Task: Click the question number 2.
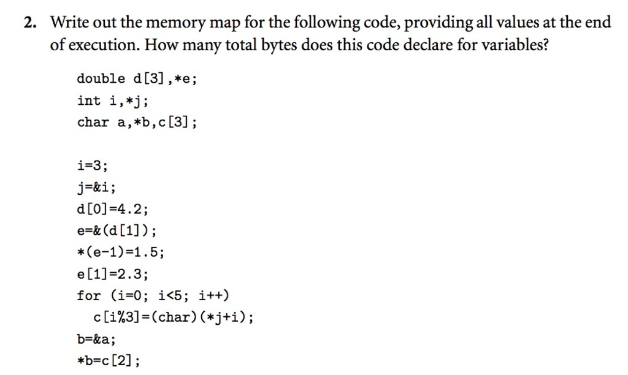[29, 23]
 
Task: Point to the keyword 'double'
[101, 79]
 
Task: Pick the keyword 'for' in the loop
[89, 296]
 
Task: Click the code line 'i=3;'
[93, 165]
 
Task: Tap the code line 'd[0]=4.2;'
[112, 209]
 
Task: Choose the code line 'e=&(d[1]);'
[116, 231]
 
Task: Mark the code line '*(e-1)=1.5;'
[120, 252]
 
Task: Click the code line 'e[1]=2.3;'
[112, 274]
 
